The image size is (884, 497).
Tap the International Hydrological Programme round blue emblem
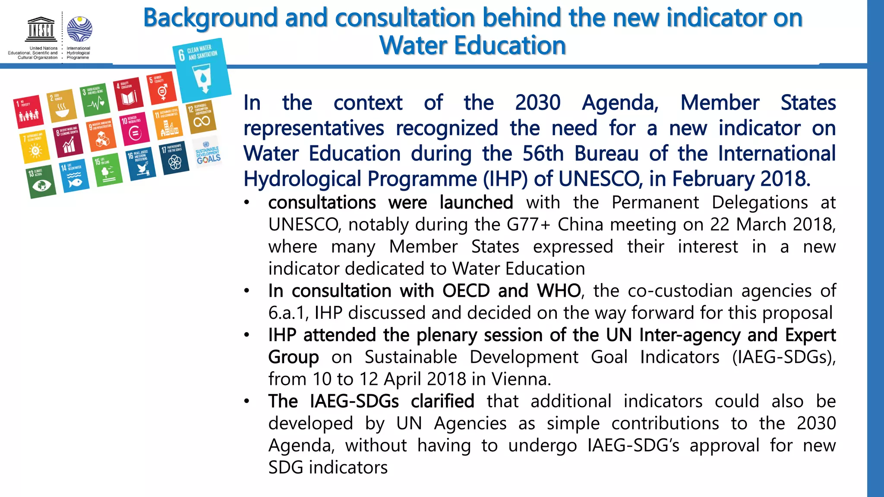80,29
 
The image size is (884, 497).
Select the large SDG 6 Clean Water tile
201,69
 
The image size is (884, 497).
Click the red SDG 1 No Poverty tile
29,112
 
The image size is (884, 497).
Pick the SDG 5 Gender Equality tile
161,88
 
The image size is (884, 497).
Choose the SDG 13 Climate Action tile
41,181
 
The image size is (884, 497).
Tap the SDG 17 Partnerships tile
174,157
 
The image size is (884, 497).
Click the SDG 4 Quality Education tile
128,94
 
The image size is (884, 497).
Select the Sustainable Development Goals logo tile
208,152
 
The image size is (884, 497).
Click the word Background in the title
211,18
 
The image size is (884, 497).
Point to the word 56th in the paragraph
543,154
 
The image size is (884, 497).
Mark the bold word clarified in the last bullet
442,401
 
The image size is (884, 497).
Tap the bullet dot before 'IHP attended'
247,335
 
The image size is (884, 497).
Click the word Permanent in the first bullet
655,203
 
